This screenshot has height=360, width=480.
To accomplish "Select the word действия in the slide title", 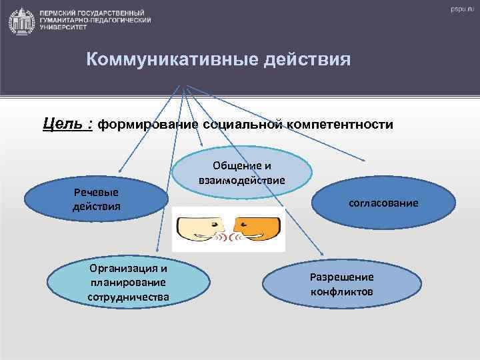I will click(309, 61).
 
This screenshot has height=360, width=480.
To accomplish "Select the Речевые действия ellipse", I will click(96, 199).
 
